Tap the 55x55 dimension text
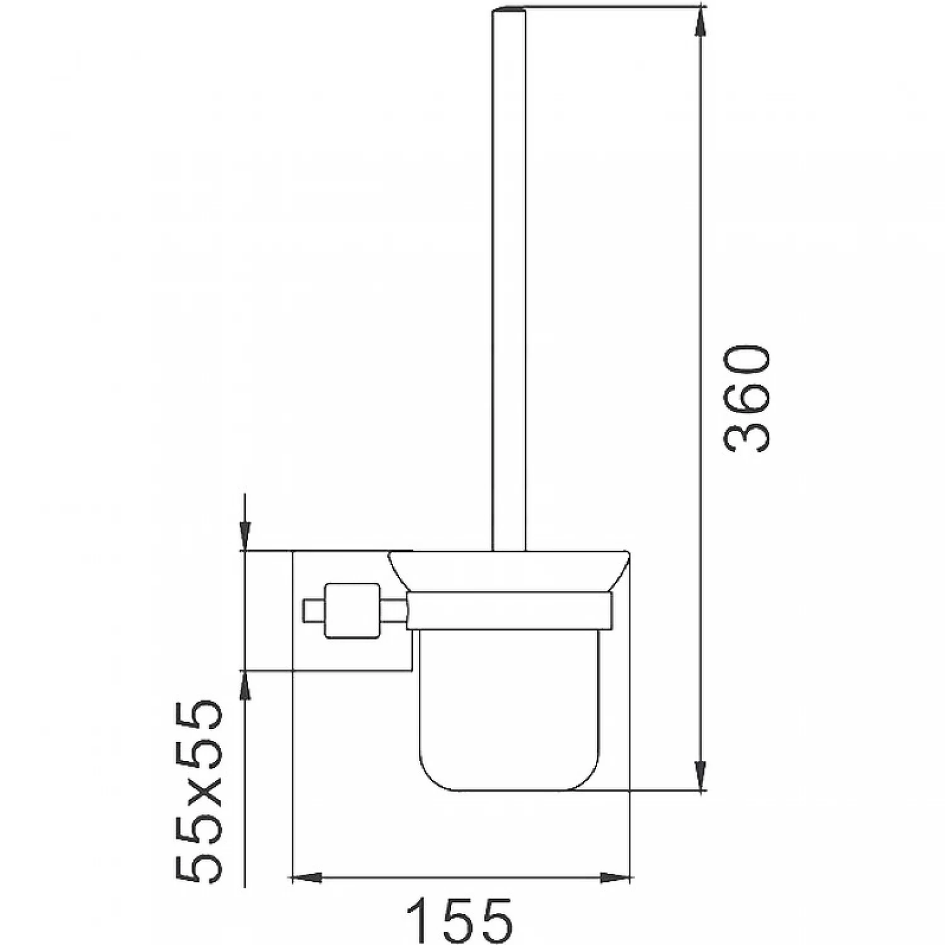tap(198, 791)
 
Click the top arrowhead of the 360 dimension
tap(700, 23)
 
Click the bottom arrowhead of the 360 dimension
tap(700, 774)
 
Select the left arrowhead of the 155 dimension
tap(306, 876)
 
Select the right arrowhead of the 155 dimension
tap(614, 876)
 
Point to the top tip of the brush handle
tap(508, 10)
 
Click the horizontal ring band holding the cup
tap(509, 610)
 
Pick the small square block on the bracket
tap(352, 610)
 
